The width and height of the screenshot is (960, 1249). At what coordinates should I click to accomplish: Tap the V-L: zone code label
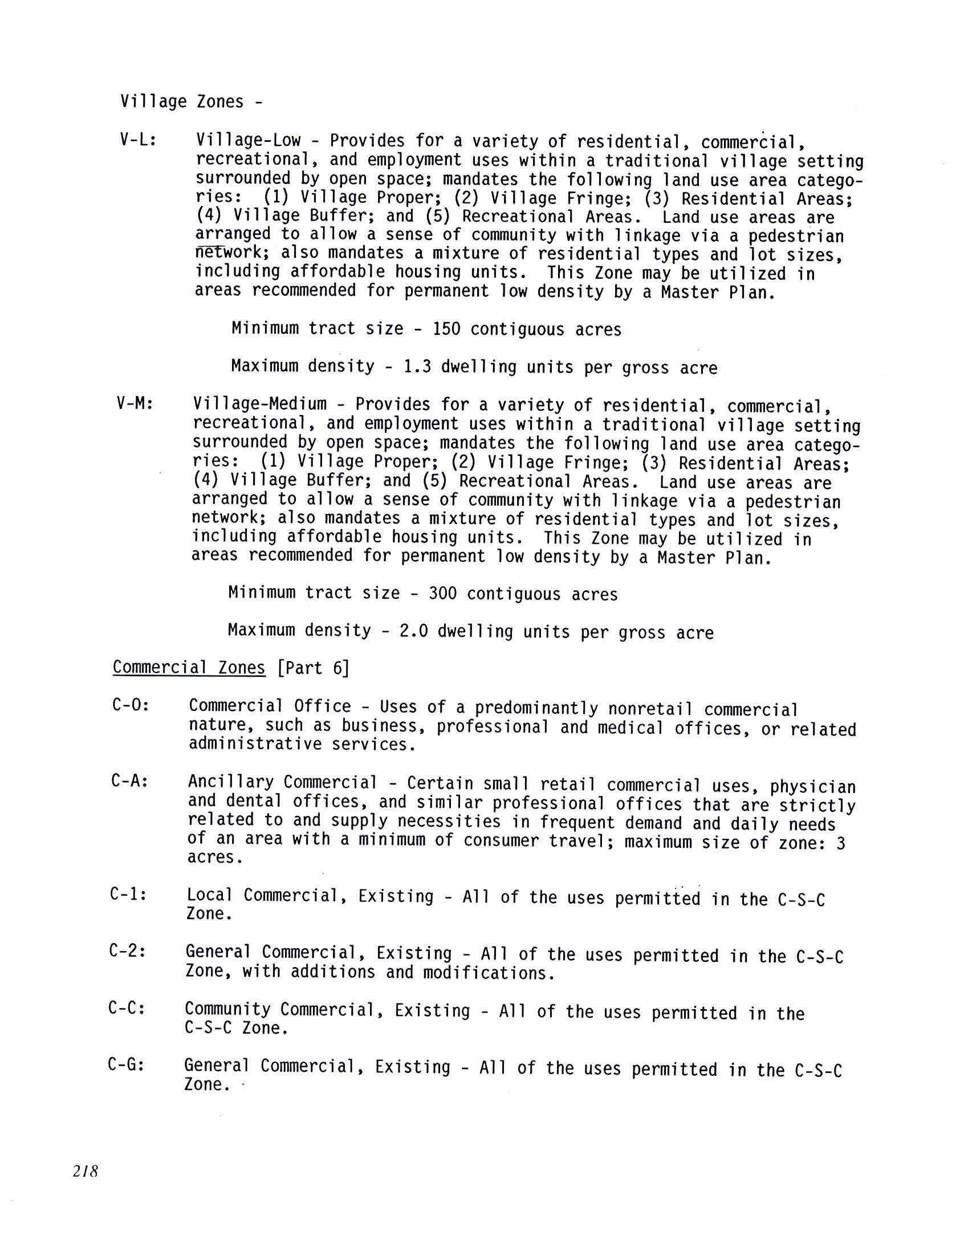(138, 141)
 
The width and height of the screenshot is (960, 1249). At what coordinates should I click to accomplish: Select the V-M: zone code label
(135, 404)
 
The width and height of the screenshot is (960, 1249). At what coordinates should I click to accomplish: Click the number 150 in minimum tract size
(446, 329)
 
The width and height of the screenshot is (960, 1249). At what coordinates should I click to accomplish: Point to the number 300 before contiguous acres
(443, 593)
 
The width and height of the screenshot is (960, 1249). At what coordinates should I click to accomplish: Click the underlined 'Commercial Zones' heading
(189, 667)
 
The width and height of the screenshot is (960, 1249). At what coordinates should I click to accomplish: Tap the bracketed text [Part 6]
(312, 668)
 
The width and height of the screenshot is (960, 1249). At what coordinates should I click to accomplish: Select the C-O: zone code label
(131, 705)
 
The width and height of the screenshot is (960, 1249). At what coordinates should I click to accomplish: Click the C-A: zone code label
(130, 781)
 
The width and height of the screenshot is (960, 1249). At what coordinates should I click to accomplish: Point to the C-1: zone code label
(129, 895)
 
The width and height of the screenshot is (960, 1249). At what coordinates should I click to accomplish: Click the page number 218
(86, 1172)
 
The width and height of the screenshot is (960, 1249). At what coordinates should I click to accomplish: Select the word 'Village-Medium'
(260, 405)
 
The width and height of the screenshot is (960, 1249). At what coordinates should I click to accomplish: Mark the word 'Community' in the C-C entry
(227, 1009)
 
